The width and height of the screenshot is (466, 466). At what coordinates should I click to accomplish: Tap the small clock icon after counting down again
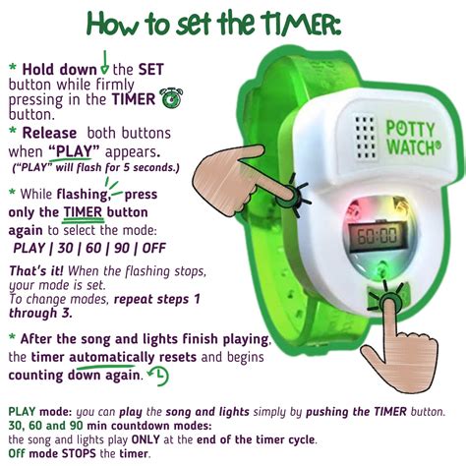click(157, 377)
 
